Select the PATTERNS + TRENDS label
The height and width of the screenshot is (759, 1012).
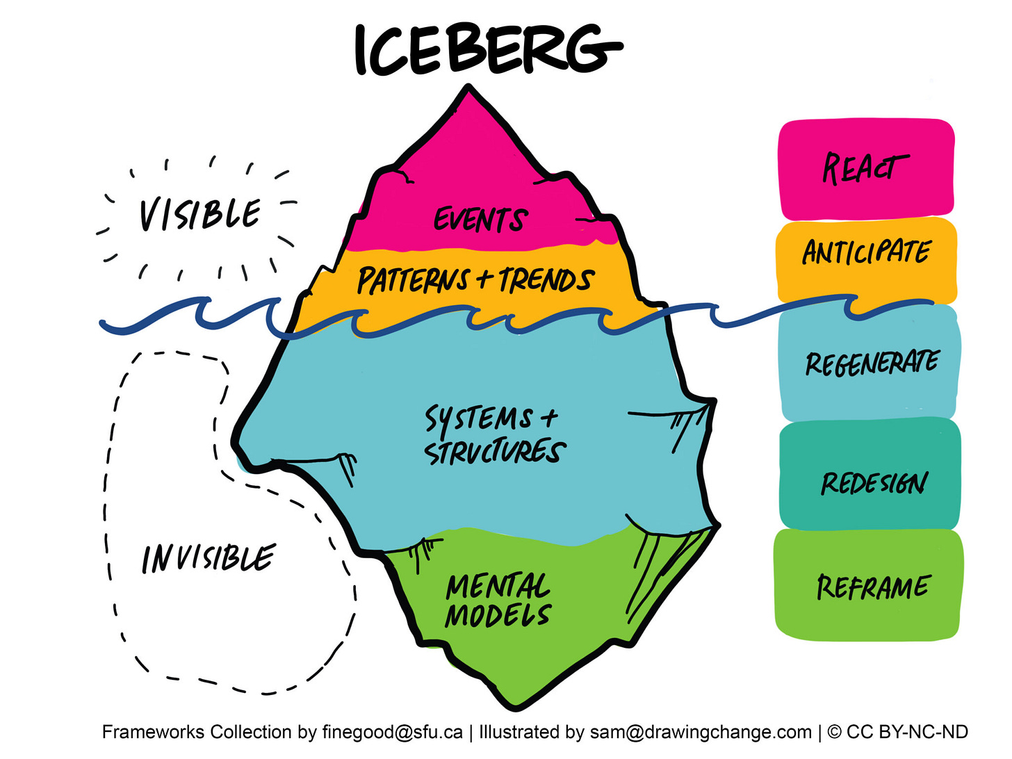[x=475, y=280]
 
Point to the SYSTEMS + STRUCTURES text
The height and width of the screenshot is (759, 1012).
[x=494, y=435]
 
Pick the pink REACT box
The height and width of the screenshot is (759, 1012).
[x=866, y=170]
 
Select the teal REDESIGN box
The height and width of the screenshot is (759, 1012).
[x=873, y=482]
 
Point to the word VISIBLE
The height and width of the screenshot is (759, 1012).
[x=200, y=214]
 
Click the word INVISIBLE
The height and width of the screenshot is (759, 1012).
[x=209, y=558]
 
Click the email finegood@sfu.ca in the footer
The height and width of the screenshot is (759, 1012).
[x=392, y=732]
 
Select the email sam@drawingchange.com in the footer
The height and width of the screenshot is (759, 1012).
[x=700, y=732]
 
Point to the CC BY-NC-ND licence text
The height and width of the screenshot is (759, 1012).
[x=906, y=732]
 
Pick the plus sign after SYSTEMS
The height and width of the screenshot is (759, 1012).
[x=549, y=418]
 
